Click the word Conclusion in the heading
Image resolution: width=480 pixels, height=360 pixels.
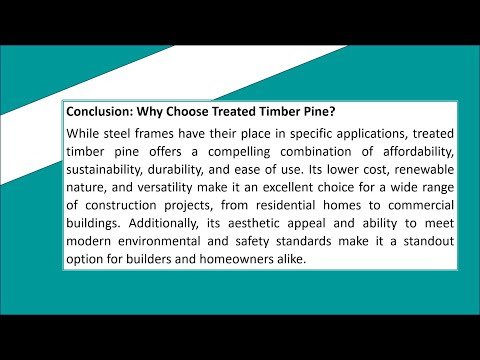pos(100,111)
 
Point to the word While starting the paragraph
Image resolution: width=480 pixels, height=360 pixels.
pos(82,134)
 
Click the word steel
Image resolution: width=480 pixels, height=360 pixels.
pos(117,134)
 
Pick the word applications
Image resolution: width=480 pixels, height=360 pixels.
pos(372,134)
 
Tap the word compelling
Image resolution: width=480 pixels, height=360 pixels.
pos(239,152)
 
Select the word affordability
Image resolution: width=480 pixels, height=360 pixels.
pos(418,152)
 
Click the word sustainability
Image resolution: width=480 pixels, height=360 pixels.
pos(104,170)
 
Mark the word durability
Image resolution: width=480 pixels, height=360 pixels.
pos(175,170)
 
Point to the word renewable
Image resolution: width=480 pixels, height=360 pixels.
pos(424,169)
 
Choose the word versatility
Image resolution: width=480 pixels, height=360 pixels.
pos(165,188)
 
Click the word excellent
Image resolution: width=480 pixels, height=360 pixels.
pos(288,187)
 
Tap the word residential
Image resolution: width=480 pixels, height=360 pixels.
pos(285,205)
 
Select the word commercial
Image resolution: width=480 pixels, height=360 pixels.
pos(421,205)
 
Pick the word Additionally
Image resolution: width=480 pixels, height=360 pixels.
pos(163,224)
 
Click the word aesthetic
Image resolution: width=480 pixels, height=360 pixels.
pos(254,223)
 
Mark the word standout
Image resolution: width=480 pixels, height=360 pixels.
pos(429,241)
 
